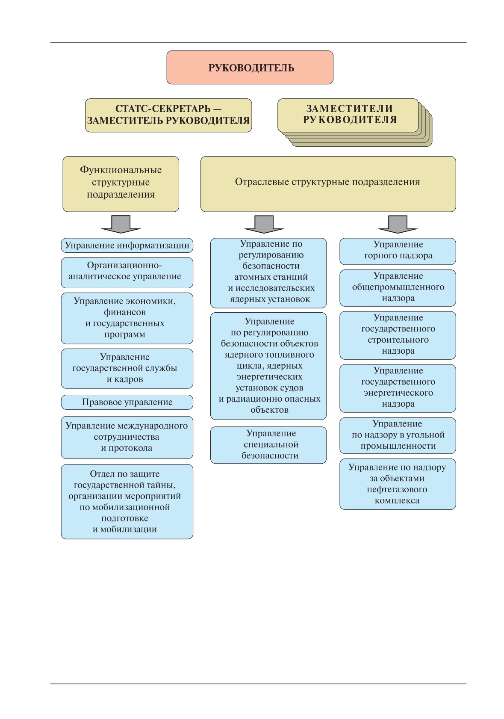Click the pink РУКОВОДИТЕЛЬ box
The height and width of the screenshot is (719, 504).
250,68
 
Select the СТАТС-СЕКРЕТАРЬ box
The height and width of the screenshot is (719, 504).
168,115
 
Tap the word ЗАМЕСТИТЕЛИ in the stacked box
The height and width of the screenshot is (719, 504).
349,109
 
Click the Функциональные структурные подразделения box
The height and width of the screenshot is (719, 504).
121,184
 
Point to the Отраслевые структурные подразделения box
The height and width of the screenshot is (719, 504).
328,184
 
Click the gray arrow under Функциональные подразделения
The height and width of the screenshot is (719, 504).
121,224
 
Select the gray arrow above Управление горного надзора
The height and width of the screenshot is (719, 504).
398,224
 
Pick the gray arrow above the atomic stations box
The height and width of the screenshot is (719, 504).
264,224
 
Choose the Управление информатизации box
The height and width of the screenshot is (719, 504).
127,245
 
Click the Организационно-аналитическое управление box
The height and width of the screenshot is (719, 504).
127,272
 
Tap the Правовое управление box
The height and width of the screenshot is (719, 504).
127,402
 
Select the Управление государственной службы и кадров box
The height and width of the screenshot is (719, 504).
127,369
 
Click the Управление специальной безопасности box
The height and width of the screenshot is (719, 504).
268,445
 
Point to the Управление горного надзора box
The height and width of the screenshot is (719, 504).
398,252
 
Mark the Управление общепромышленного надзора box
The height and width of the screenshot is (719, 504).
398,288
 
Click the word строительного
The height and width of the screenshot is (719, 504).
398,340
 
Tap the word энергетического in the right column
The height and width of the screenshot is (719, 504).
398,393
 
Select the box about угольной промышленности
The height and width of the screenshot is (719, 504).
398,435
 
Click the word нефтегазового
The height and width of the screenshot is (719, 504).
397,489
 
